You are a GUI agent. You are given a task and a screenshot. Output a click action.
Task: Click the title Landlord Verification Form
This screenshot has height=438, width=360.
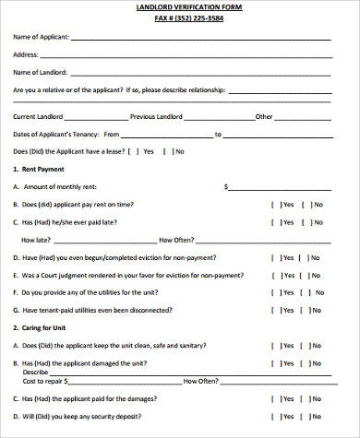[180, 7]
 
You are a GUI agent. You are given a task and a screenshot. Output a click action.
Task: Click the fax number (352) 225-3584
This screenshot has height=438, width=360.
[180, 18]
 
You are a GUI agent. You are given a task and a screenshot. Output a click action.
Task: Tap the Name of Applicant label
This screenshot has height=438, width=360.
[42, 37]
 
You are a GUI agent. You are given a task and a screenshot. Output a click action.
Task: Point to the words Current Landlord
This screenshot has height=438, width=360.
[37, 117]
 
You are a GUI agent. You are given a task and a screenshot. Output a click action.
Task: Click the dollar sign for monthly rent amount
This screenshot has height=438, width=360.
[225, 186]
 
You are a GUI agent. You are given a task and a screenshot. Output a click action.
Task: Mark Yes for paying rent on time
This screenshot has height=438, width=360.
[274, 204]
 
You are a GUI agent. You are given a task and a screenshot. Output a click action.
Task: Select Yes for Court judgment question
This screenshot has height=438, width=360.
[274, 275]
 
